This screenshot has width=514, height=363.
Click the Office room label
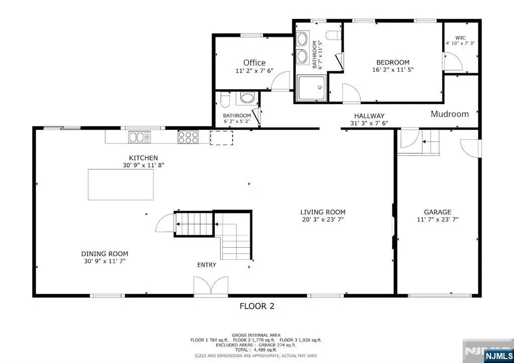(x=254, y=63)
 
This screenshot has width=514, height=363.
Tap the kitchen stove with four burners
(x=188, y=137)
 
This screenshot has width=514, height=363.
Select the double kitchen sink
(x=140, y=137)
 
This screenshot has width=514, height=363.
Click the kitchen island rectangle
(x=120, y=185)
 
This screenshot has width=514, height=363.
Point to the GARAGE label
(x=438, y=212)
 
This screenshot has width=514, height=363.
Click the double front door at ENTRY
(x=211, y=286)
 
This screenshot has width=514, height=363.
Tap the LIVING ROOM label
(x=323, y=212)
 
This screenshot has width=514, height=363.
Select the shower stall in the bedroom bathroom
(x=312, y=88)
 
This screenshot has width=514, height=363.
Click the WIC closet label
(x=460, y=38)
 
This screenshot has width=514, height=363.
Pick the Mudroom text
(x=450, y=114)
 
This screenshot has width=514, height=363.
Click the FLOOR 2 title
(x=257, y=306)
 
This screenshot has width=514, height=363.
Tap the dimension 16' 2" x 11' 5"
(x=393, y=70)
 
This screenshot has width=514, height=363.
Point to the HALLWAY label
(x=369, y=116)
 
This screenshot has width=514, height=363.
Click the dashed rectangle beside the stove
(x=221, y=138)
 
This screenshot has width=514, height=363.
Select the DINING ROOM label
(x=105, y=254)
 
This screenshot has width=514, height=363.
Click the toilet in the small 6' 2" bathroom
(x=225, y=99)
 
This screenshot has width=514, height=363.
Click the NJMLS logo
(x=497, y=356)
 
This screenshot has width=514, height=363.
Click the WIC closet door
(x=453, y=61)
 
